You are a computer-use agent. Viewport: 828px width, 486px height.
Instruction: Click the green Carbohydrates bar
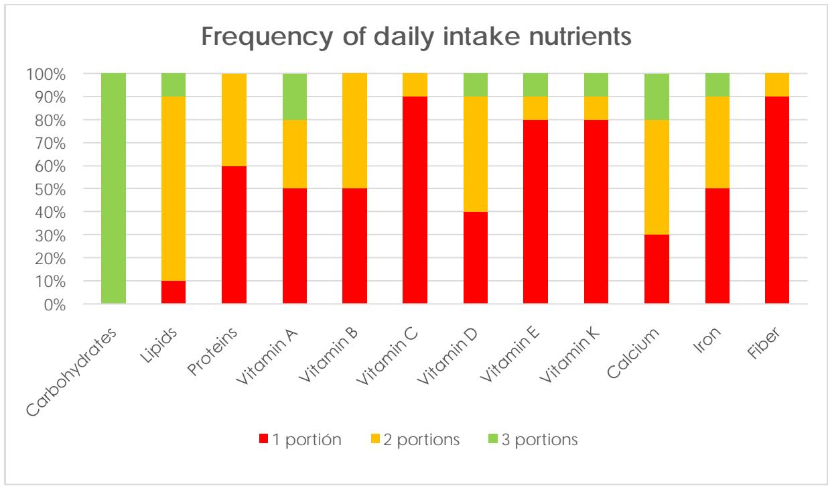point(113,188)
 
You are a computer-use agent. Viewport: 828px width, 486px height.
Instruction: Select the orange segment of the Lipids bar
point(174,188)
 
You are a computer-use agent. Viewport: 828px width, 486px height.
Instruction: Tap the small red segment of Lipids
point(174,293)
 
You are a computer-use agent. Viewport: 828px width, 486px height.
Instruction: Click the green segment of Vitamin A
point(294,97)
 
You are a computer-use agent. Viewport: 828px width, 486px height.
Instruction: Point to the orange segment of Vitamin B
point(354,131)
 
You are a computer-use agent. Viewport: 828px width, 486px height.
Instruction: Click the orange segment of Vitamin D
point(475,154)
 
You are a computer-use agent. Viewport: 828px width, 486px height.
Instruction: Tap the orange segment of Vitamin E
point(535,108)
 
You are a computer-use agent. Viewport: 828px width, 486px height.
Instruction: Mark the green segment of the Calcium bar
point(656,97)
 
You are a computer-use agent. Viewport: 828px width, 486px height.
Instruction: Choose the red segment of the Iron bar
point(716,246)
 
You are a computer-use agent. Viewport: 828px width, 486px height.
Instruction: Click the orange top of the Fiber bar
point(776,84)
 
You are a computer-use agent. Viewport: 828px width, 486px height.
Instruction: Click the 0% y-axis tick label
point(55,304)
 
